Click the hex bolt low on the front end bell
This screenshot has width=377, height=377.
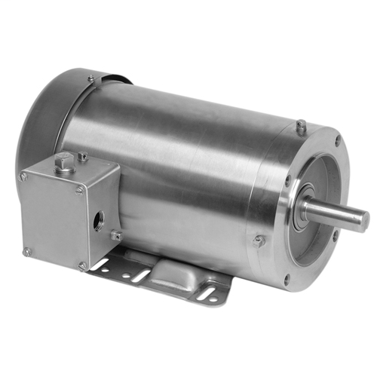pyautogui.click(x=259, y=241)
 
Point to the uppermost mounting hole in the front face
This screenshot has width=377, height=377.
pyautogui.click(x=336, y=140)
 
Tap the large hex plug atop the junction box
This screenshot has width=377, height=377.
pyautogui.click(x=64, y=161)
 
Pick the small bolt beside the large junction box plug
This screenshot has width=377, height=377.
pyautogui.click(x=83, y=157)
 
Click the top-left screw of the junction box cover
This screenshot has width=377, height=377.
pyautogui.click(x=23, y=176)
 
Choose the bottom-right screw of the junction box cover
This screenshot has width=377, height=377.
pyautogui.click(x=81, y=265)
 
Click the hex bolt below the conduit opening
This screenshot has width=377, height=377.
pyautogui.click(x=116, y=236)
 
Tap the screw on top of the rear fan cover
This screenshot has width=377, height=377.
pyautogui.click(x=91, y=78)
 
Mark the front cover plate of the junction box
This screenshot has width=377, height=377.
pyautogui.click(x=51, y=219)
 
